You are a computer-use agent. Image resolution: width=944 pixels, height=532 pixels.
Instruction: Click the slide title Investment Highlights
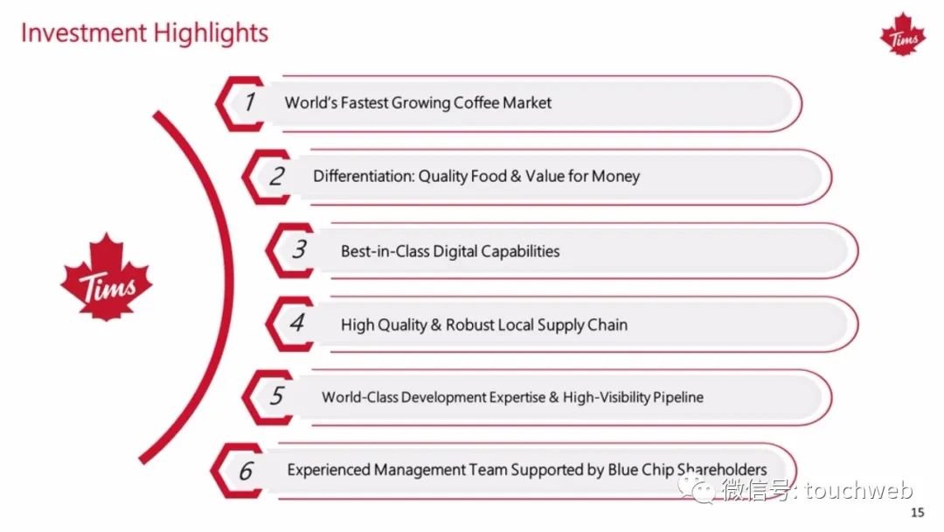pos(144,33)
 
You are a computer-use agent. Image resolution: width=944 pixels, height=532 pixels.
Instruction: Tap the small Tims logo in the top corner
pos(903,35)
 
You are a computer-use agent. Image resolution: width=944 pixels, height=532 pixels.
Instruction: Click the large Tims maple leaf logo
pos(107,277)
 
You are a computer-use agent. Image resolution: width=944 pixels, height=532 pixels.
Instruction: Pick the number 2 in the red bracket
pos(276,176)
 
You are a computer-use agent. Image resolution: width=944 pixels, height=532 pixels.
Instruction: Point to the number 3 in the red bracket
pos(299,249)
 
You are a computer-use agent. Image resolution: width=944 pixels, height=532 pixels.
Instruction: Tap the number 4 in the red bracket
pos(297,323)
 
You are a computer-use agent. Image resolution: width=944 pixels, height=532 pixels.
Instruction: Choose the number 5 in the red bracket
pos(276,395)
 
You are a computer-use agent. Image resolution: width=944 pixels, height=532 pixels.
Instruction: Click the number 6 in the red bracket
pos(246,471)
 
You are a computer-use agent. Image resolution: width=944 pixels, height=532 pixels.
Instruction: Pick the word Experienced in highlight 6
pos(328,470)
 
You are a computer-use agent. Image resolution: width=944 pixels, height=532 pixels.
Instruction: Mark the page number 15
pos(918,513)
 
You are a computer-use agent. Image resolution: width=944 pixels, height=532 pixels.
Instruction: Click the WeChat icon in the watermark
pos(698,488)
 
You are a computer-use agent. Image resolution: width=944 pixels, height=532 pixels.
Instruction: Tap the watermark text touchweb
pos(859,490)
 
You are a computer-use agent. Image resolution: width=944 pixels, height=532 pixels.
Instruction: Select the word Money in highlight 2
pos(615,177)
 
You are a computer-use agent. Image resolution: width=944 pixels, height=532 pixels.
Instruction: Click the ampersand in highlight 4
pos(436,325)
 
